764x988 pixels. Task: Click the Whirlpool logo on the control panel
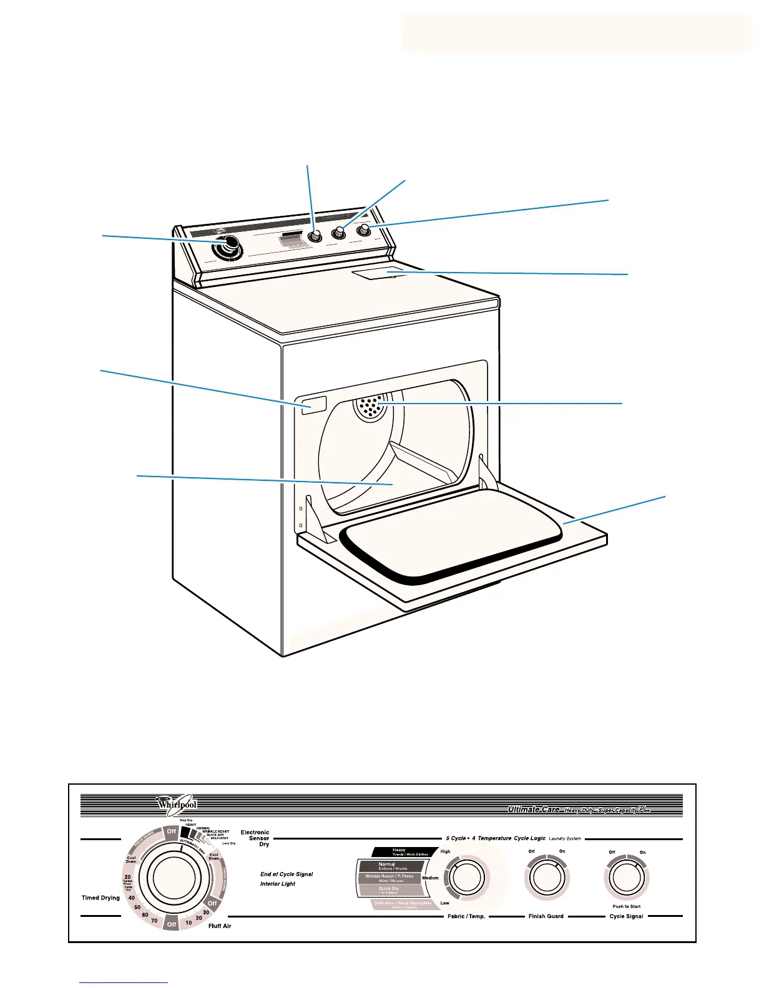click(x=177, y=804)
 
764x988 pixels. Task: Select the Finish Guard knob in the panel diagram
click(x=546, y=878)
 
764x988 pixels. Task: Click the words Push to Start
click(x=626, y=906)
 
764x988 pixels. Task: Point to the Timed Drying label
click(x=100, y=898)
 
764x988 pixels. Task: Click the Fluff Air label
click(x=220, y=926)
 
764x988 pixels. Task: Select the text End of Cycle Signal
click(x=286, y=874)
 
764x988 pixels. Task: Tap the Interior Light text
click(x=278, y=884)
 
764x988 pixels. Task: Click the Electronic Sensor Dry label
click(x=256, y=838)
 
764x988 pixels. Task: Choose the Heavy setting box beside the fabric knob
click(x=403, y=851)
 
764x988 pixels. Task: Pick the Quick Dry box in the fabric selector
click(x=389, y=890)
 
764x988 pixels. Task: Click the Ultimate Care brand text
click(x=534, y=810)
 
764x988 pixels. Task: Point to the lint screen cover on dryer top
click(x=378, y=273)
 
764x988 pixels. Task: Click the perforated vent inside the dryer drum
click(x=369, y=407)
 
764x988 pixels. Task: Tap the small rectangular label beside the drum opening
click(x=313, y=404)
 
